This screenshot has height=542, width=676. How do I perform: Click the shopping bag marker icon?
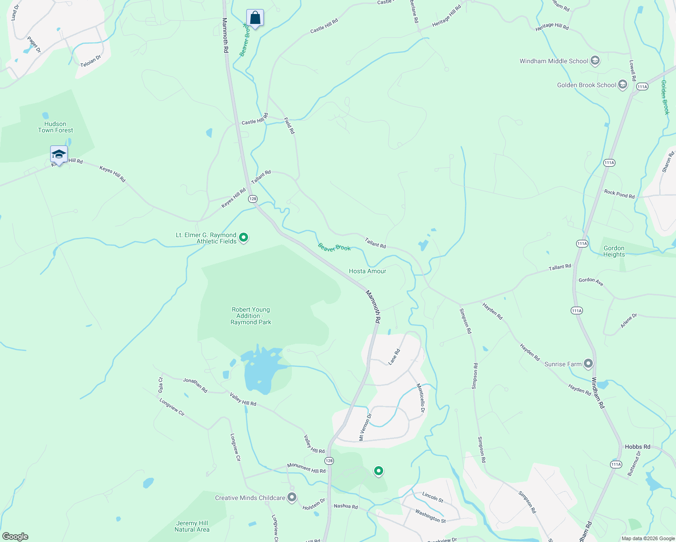[x=255, y=19]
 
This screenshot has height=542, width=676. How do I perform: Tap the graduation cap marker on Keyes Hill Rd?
[x=59, y=154]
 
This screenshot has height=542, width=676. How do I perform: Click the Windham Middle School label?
[x=554, y=61]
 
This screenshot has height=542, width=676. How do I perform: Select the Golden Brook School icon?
[x=623, y=85]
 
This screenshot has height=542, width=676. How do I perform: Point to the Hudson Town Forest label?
[x=55, y=127]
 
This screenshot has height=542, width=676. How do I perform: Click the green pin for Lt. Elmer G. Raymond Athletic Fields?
[x=244, y=237]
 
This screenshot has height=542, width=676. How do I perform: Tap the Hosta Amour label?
[x=367, y=271]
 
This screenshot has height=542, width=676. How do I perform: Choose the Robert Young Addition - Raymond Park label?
[x=251, y=316]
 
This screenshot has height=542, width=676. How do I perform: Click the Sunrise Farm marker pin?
[x=588, y=363]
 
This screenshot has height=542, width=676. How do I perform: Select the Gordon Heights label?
[x=614, y=251]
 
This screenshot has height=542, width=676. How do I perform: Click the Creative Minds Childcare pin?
[x=292, y=497]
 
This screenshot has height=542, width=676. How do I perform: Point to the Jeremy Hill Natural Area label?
[x=192, y=526]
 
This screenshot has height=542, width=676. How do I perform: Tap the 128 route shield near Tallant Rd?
[x=253, y=199]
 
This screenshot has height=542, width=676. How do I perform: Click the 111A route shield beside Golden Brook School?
[x=642, y=86]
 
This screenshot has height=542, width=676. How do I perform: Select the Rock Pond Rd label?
[x=619, y=194]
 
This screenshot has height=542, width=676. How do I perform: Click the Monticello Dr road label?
[x=421, y=397]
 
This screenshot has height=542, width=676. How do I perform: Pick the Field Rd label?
[x=289, y=126]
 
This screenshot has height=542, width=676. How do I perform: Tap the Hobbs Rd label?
[x=637, y=447]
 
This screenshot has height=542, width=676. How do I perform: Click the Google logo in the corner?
[x=15, y=536]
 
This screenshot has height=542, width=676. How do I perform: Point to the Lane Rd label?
[x=394, y=357]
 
